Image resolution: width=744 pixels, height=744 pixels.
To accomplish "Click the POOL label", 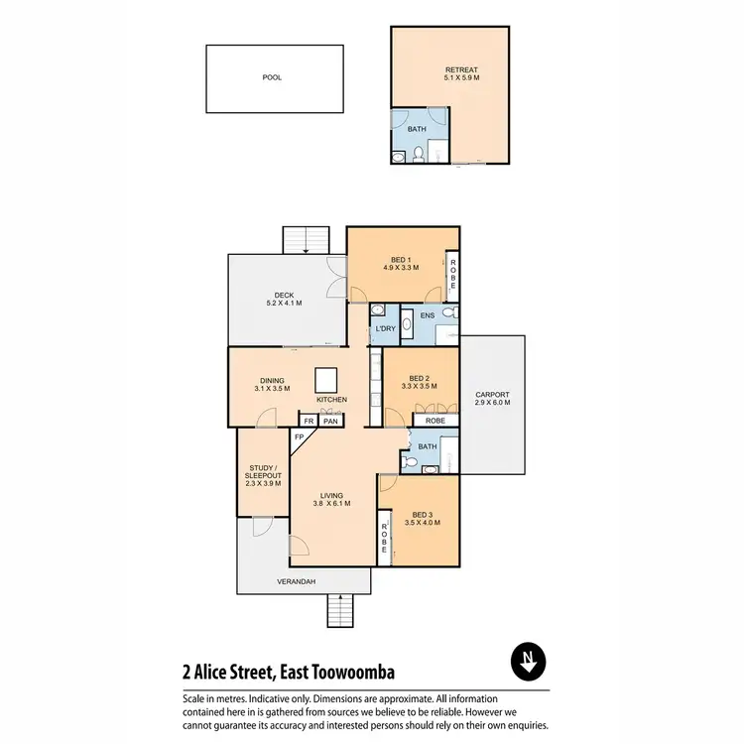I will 272,76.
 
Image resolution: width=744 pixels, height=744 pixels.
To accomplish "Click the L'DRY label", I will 385,328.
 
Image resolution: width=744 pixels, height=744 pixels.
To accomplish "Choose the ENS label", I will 428,316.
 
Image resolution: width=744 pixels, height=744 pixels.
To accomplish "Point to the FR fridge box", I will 309,421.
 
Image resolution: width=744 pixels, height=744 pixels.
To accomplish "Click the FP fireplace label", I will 299,436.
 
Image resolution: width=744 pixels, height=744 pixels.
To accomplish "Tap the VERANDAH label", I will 296,582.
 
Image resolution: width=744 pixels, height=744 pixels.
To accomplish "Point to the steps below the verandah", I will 340,610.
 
